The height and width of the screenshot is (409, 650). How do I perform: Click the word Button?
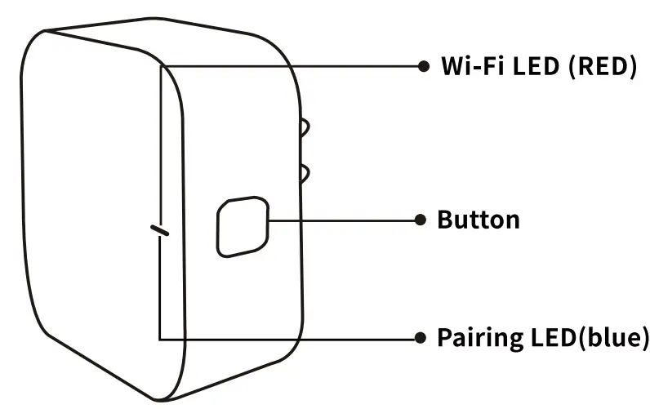[x=479, y=220]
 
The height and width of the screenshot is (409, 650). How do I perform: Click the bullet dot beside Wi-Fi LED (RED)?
[x=422, y=66]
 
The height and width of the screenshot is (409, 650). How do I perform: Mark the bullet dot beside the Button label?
[x=421, y=219]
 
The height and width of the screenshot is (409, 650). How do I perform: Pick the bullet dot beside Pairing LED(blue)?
[x=421, y=336]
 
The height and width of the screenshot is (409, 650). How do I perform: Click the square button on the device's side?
[x=243, y=225]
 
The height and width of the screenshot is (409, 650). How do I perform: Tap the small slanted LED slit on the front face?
[x=159, y=231]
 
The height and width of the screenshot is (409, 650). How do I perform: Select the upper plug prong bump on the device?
[x=305, y=128]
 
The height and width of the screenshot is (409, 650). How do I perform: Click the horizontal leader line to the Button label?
[x=343, y=219]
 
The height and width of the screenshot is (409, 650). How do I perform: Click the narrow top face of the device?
[x=163, y=45]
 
